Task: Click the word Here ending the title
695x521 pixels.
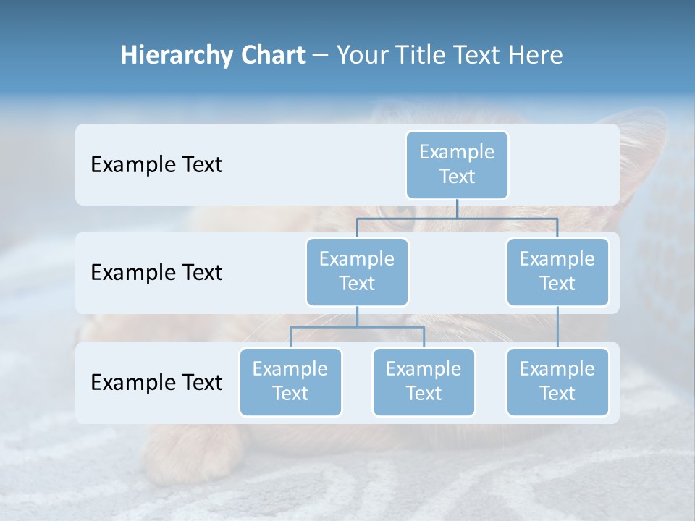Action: tap(536, 56)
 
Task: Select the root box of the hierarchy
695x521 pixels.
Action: tap(457, 164)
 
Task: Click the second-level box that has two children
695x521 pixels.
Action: tap(357, 271)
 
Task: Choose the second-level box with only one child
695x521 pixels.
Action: tap(557, 271)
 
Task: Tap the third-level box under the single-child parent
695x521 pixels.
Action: tap(557, 381)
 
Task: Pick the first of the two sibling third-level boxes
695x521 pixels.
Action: tap(290, 381)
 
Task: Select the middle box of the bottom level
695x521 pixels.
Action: tap(424, 381)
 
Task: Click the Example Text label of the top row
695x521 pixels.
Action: tap(156, 164)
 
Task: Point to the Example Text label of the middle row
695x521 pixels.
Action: tap(156, 272)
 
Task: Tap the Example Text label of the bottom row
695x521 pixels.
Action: tap(156, 382)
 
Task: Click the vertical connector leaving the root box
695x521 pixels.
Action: tap(457, 208)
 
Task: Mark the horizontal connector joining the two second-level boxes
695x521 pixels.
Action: tap(457, 218)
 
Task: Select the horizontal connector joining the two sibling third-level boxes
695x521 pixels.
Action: tap(357, 327)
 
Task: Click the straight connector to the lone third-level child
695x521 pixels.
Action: tap(557, 327)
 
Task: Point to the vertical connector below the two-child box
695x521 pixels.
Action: tap(357, 316)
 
